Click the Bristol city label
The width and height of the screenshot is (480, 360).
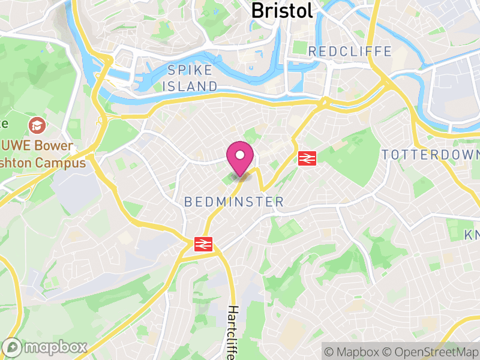point(282,10)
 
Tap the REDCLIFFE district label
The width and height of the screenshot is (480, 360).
point(350,52)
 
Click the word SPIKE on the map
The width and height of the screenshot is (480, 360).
point(190,70)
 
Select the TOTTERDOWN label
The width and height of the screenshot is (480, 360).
point(430,155)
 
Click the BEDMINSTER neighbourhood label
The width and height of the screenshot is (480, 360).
point(234,202)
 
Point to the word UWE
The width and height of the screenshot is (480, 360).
point(16,146)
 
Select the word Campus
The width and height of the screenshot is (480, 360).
point(64,162)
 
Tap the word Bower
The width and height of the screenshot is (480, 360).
point(55,146)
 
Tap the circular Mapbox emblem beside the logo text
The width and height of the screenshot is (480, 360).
point(13,347)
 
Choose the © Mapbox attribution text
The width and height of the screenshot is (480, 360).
point(352,351)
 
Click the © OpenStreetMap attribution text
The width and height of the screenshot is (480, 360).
point(430,351)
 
